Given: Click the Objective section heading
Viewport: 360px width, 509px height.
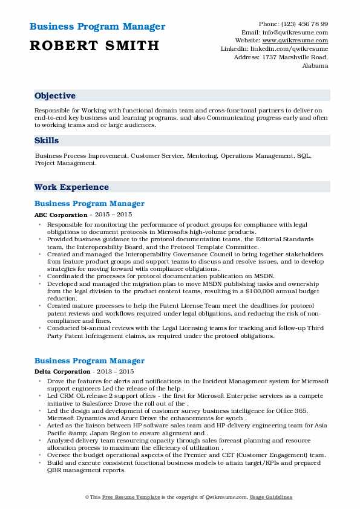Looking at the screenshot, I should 55,96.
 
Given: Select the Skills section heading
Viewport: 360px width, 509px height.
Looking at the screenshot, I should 47,140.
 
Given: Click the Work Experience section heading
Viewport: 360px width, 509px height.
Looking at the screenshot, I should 71,187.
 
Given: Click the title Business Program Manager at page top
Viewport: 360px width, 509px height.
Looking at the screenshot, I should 97,27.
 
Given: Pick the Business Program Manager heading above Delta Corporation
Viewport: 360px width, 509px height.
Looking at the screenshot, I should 90,360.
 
